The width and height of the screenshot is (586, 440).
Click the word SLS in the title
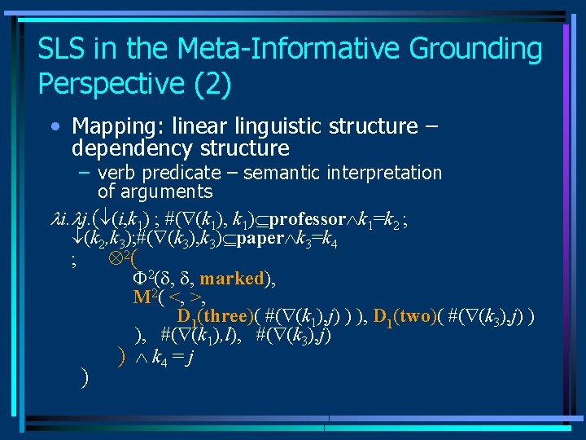[63, 49]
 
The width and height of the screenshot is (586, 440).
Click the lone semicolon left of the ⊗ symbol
[74, 262]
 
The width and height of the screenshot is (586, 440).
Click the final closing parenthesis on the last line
[85, 377]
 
